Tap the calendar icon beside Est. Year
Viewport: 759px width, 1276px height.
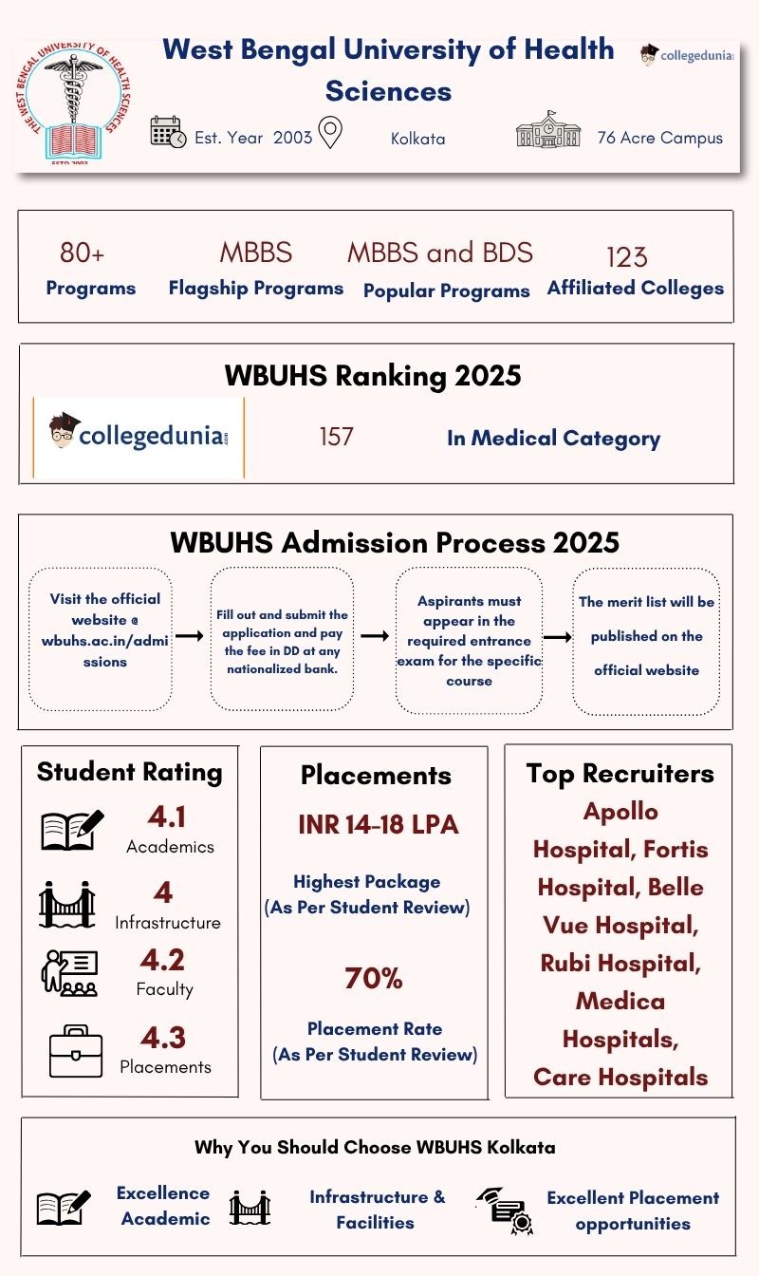click(x=168, y=133)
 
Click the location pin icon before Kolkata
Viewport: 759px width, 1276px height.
click(x=330, y=133)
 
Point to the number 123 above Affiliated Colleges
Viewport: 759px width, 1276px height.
click(x=626, y=256)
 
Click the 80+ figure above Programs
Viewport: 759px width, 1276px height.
click(x=82, y=253)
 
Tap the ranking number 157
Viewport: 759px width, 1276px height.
click(x=336, y=437)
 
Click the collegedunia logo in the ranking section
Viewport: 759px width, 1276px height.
click(x=139, y=437)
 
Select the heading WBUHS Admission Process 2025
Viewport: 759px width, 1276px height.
click(x=394, y=542)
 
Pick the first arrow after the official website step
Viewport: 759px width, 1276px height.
click(x=190, y=636)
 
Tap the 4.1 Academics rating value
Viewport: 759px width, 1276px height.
click(x=168, y=816)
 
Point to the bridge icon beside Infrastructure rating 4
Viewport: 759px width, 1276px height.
click(x=67, y=904)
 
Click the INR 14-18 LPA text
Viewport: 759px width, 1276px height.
click(x=378, y=824)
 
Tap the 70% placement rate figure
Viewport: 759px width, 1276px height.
click(x=374, y=978)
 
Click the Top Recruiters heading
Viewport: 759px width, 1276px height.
click(x=620, y=774)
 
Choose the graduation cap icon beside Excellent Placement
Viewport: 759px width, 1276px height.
click(x=505, y=1210)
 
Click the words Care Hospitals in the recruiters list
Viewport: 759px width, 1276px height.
click(x=620, y=1078)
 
